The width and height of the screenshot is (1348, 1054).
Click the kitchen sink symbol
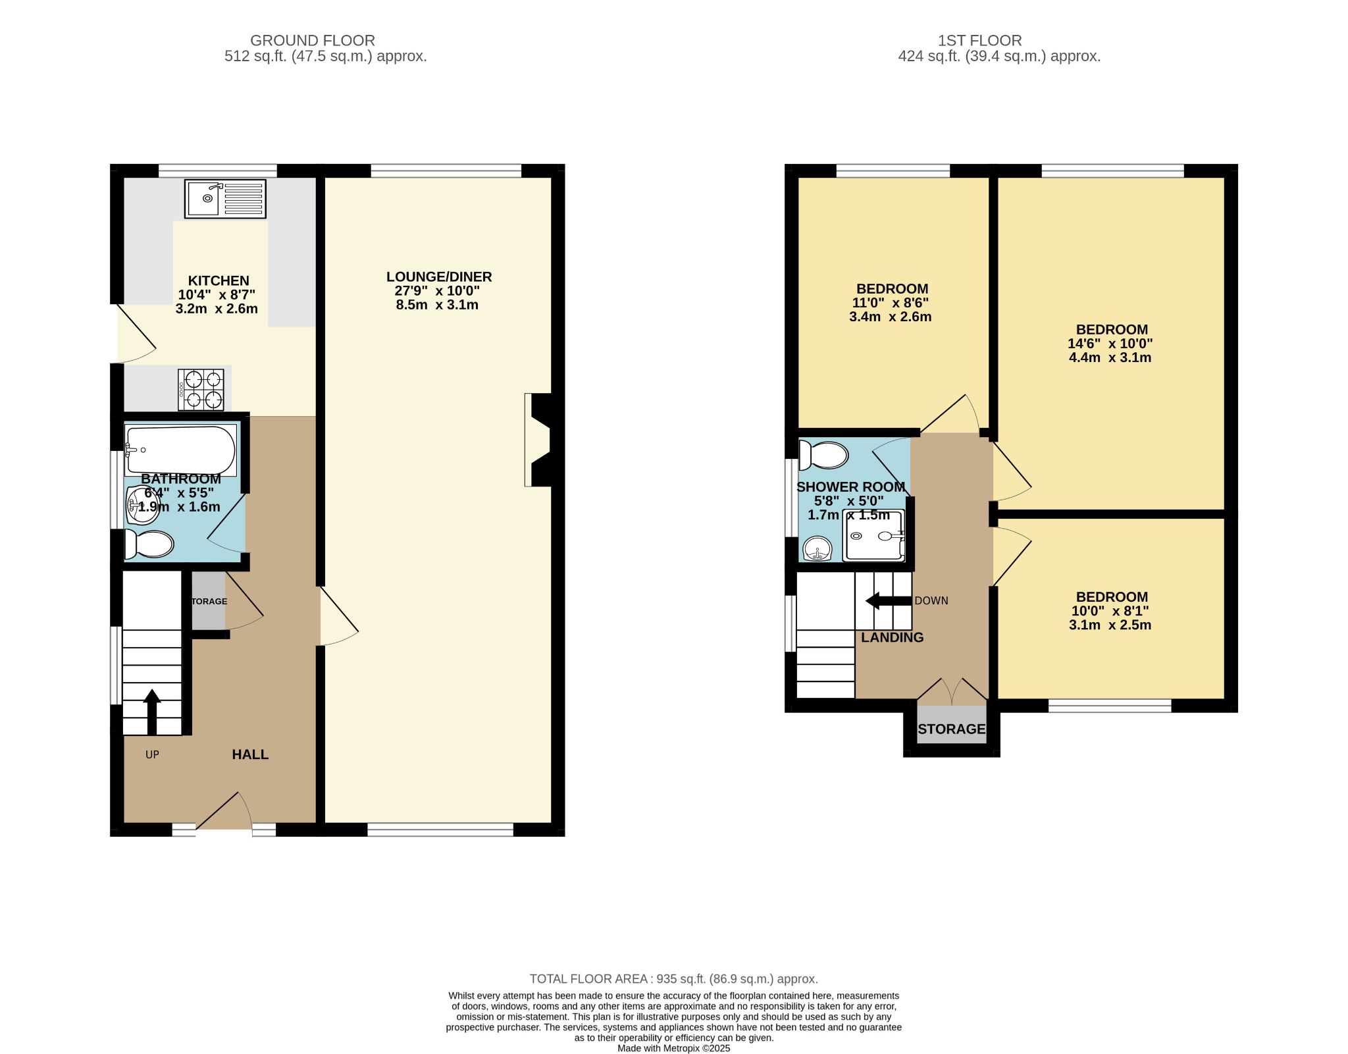[225, 198]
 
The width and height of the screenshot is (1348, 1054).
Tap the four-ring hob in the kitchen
[201, 390]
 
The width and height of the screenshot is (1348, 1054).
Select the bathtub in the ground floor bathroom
[180, 450]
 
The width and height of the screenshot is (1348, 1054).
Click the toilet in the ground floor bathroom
[150, 544]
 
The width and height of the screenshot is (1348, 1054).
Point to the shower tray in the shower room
[875, 536]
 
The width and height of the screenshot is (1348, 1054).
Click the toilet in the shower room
[823, 455]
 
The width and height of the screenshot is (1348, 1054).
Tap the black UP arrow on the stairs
[152, 711]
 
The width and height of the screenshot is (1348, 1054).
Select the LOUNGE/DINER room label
[438, 277]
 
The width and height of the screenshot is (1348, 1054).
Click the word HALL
[250, 754]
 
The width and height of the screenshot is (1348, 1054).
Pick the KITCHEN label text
[219, 280]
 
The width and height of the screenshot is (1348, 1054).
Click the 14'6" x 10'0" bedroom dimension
[1110, 344]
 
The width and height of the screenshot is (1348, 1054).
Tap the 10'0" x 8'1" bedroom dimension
[1110, 611]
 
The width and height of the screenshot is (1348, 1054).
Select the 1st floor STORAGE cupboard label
[951, 729]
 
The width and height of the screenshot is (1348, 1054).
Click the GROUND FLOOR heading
[313, 41]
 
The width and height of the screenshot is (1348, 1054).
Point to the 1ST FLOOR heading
[979, 41]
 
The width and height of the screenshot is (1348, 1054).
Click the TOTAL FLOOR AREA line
[673, 979]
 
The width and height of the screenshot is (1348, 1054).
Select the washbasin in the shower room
[817, 548]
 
